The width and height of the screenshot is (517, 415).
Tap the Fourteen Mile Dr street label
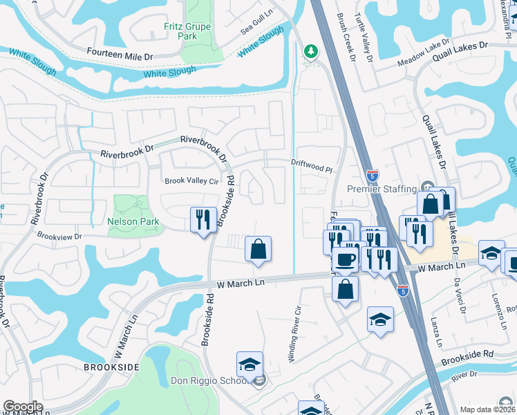(x=120, y=52)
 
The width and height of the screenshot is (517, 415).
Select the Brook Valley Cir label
(x=191, y=181)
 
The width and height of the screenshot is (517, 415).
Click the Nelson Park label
(x=133, y=222)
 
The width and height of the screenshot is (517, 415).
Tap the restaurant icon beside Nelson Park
(x=203, y=220)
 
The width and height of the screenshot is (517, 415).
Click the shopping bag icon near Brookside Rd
(x=258, y=249)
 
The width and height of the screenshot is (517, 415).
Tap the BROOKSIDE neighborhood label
(x=112, y=366)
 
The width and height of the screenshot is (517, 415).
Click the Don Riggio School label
(x=212, y=381)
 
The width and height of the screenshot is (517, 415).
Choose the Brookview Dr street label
(x=59, y=236)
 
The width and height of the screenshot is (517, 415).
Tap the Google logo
(x=23, y=407)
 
